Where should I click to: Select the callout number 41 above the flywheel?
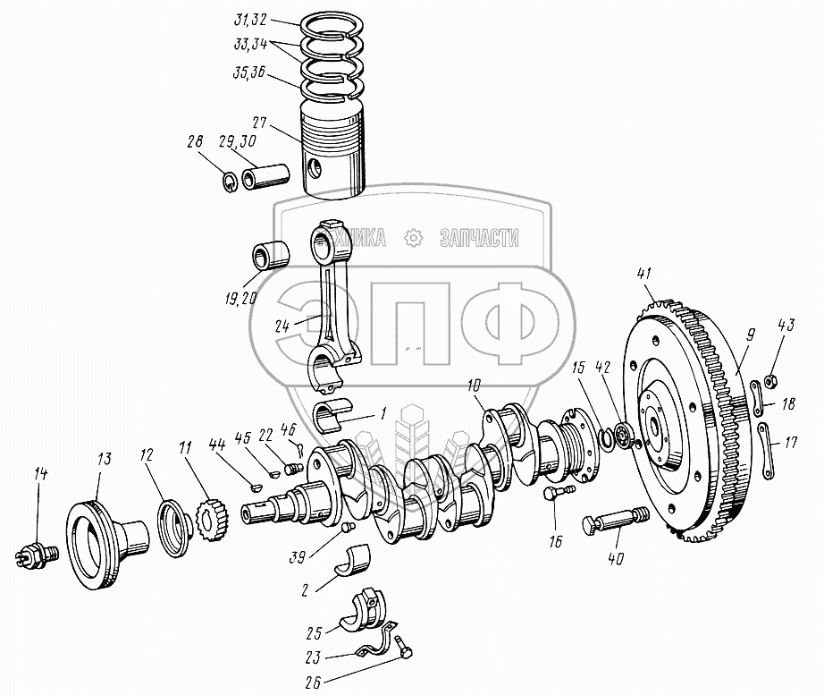(x=646, y=274)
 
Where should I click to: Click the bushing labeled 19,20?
(x=271, y=255)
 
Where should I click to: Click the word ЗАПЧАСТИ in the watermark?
(x=480, y=237)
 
